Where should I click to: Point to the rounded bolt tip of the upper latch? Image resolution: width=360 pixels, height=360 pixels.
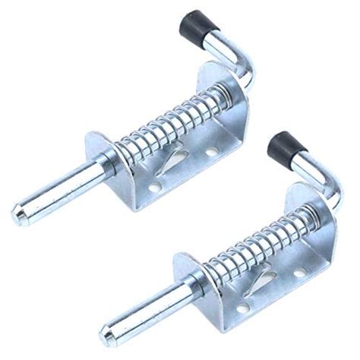(x=20, y=212)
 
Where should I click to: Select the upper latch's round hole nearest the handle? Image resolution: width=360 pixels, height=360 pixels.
(x=210, y=152)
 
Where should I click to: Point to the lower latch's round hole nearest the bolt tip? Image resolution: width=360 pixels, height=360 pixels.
(x=242, y=308)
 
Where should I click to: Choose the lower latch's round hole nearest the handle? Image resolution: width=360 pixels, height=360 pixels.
(x=299, y=271)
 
